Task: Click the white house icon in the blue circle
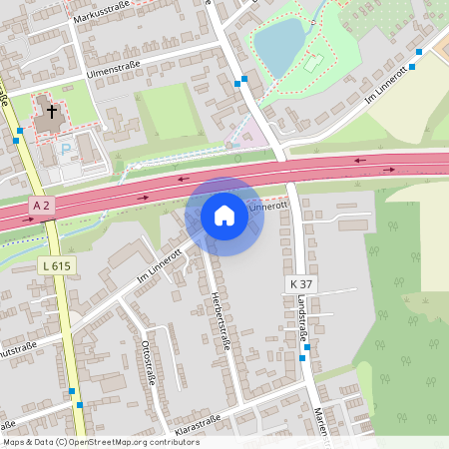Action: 224,216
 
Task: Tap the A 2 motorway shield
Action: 41,206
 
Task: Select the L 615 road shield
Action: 56,265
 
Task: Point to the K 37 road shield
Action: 300,285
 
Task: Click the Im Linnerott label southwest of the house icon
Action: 160,263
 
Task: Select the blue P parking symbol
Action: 67,150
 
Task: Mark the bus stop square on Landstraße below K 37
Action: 306,347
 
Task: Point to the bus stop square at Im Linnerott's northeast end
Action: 420,52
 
